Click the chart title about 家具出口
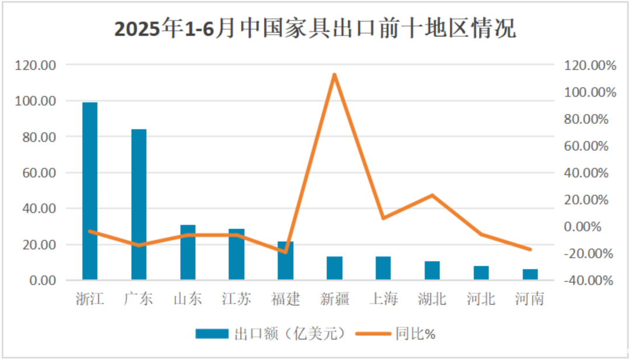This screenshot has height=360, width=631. click(x=315, y=29)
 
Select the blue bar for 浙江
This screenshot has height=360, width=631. click(x=90, y=191)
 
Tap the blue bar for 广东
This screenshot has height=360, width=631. click(x=138, y=204)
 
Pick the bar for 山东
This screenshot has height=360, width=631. click(x=188, y=252)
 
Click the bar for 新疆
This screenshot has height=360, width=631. click(x=334, y=268)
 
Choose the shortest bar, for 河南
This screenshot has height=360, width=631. click(x=530, y=274)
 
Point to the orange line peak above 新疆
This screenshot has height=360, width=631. click(x=334, y=74)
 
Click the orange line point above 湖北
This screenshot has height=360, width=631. click(x=432, y=195)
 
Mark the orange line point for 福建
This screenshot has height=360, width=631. click(x=286, y=252)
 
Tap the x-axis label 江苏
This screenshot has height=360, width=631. click(x=237, y=299)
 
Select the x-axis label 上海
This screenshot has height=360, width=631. click(x=383, y=299)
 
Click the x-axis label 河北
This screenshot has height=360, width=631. click(x=481, y=299)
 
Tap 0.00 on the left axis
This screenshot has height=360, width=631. click(x=42, y=281)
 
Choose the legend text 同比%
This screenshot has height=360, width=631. click(x=415, y=334)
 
